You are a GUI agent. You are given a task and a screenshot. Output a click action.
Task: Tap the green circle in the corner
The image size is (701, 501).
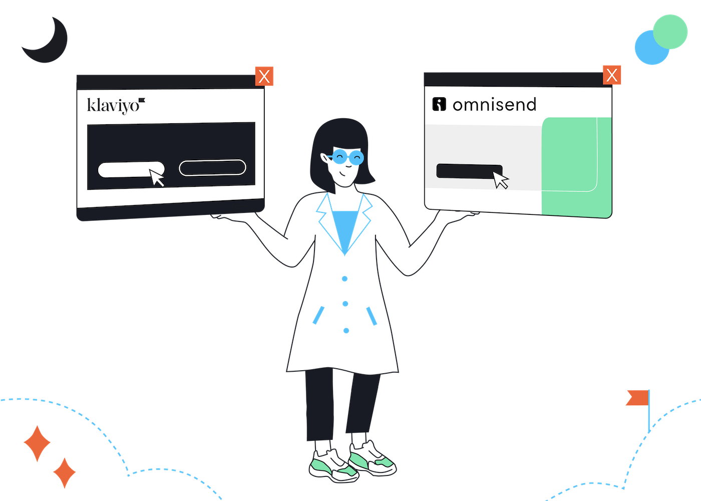pyautogui.click(x=670, y=32)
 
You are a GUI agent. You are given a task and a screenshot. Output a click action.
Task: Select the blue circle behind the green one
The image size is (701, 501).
pyautogui.click(x=648, y=50)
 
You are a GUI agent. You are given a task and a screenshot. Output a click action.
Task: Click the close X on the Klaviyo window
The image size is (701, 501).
pyautogui.click(x=264, y=76)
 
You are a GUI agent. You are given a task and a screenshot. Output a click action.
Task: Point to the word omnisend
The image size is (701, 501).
pyautogui.click(x=495, y=105)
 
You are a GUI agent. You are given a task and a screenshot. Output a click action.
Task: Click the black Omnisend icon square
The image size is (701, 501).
pyautogui.click(x=439, y=104)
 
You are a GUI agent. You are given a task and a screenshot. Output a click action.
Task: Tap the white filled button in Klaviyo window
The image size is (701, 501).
pyautogui.click(x=128, y=169)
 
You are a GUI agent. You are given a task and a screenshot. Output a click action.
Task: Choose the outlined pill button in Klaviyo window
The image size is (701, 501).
pyautogui.click(x=212, y=167)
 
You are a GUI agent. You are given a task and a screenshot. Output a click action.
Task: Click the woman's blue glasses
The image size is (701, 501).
pyautogui.click(x=347, y=157)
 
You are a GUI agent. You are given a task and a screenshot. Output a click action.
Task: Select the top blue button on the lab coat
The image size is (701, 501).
pyautogui.click(x=344, y=279)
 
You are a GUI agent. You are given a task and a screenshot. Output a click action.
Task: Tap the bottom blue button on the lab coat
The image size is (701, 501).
pyautogui.click(x=346, y=331)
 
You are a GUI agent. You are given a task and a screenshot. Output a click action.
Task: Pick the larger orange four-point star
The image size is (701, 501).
pyautogui.click(x=37, y=443)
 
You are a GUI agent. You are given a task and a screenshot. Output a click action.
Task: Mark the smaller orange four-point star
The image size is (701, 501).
pyautogui.click(x=65, y=473)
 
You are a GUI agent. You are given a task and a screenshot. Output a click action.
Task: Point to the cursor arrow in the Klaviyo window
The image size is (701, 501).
pyautogui.click(x=156, y=177)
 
